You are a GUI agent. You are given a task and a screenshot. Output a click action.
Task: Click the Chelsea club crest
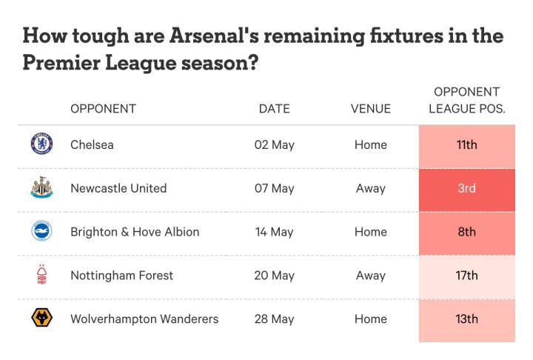coord(41,144)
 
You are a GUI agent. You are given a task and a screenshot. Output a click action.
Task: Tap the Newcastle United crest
coord(41,187)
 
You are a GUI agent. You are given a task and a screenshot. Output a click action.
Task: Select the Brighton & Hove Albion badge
coord(41,230)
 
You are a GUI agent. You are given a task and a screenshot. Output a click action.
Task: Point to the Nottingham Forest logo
coord(41,274)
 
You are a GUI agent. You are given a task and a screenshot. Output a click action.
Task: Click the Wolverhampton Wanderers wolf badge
coord(41,318)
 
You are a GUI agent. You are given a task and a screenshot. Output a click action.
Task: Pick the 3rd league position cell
coord(466,190)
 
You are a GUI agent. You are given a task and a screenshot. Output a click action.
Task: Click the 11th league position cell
coord(466,147)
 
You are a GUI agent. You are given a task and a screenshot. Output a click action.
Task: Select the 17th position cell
coord(466,277)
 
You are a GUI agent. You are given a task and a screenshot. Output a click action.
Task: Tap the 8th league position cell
coord(466,234)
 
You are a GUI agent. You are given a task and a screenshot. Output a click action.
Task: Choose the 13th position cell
coord(466,321)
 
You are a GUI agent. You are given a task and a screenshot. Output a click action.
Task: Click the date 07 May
coord(275,188)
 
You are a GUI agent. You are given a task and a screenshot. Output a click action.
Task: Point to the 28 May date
coord(275,319)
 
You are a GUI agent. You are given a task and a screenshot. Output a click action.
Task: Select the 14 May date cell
coord(275,232)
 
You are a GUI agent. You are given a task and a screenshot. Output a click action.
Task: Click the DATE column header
coord(275,109)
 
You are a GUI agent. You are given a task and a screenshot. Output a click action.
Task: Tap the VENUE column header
coord(371,109)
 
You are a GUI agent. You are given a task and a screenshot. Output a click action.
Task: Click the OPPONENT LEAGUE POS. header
coord(466,100)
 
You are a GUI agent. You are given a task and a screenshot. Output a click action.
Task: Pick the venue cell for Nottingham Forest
coord(371,276)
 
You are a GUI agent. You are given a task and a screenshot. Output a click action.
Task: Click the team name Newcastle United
coord(118,188)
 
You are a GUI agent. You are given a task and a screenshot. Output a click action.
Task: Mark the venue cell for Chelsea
coord(371,144)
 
